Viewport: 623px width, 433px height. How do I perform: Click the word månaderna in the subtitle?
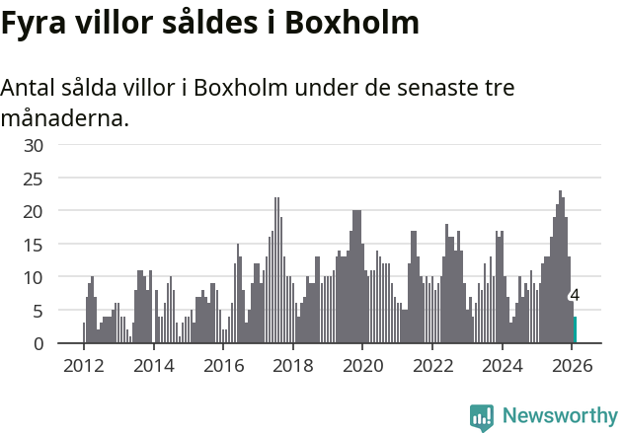point(64,119)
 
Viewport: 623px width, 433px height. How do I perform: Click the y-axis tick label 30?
point(34,145)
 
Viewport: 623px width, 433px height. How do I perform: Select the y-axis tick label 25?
point(34,179)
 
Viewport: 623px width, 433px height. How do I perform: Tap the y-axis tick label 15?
point(34,245)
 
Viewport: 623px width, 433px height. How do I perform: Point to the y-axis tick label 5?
point(39,311)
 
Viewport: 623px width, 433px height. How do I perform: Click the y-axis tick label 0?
point(39,344)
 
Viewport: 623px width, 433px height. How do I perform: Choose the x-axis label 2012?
point(83,366)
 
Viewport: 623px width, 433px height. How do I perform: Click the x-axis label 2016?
point(223,366)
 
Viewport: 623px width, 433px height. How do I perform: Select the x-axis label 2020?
point(362,366)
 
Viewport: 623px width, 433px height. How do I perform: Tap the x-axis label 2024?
point(503,366)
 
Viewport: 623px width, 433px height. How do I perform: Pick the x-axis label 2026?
point(573,366)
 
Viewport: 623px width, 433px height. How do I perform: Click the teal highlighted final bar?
point(575,330)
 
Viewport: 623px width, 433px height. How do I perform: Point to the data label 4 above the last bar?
point(575,295)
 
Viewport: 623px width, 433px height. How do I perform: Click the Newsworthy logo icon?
point(482,417)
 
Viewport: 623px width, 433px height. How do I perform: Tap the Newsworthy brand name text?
point(560,416)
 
